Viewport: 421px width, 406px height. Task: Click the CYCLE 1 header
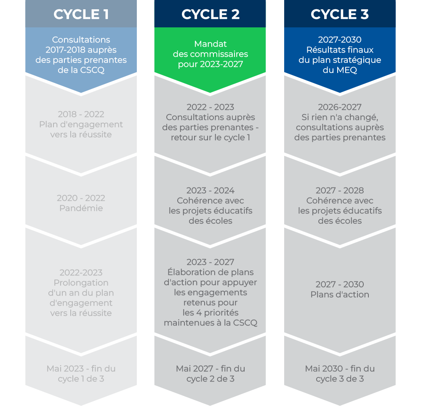point(81,14)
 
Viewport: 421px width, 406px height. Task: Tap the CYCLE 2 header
point(210,14)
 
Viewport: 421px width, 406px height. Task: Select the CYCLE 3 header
point(340,14)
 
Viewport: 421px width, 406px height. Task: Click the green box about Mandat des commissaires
point(210,54)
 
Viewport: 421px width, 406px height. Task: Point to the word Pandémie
point(81,208)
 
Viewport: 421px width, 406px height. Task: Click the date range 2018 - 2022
point(81,114)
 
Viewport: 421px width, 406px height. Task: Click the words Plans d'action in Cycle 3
point(340,294)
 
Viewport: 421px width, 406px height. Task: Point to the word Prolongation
point(81,283)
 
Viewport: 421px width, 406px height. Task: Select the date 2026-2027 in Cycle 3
point(340,107)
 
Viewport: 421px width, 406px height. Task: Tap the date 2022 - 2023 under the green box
point(210,107)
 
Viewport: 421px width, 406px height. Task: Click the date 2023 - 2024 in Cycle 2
point(210,190)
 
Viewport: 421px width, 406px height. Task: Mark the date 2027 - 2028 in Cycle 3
point(340,190)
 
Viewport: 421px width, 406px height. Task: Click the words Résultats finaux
point(340,50)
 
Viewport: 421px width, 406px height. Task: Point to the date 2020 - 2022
point(81,198)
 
